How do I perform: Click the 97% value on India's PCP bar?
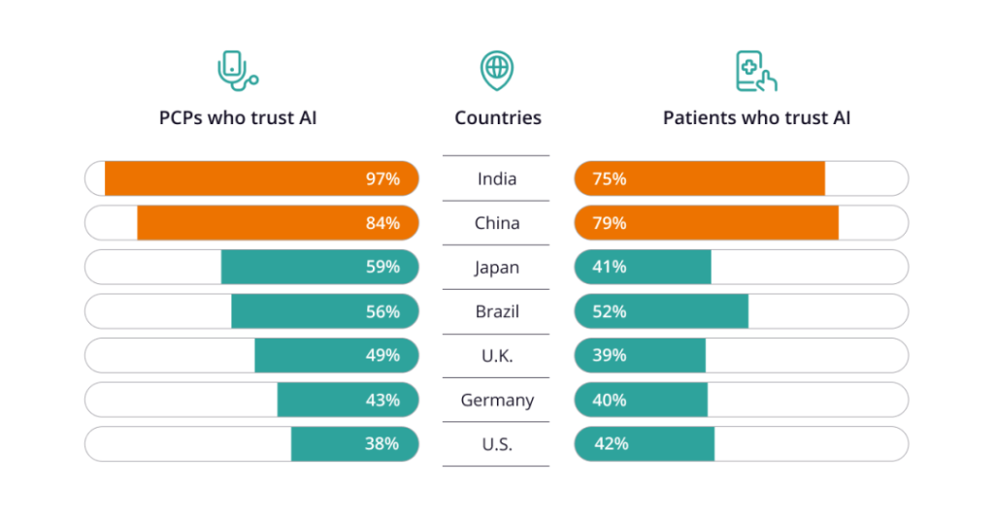click(x=382, y=178)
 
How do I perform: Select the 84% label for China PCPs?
click(x=382, y=223)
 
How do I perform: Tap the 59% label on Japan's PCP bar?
click(x=382, y=267)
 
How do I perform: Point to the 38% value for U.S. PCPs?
click(x=382, y=443)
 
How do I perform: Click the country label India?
click(x=497, y=178)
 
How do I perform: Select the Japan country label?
click(x=497, y=267)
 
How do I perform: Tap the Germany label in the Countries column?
click(x=497, y=400)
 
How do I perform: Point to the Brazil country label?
click(x=497, y=311)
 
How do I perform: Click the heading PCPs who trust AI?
click(x=238, y=118)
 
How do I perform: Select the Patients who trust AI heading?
click(x=756, y=118)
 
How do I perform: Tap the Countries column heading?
click(x=498, y=118)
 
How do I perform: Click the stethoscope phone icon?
click(x=237, y=70)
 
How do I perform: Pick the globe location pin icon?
click(x=497, y=70)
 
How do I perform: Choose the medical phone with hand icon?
click(x=756, y=71)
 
